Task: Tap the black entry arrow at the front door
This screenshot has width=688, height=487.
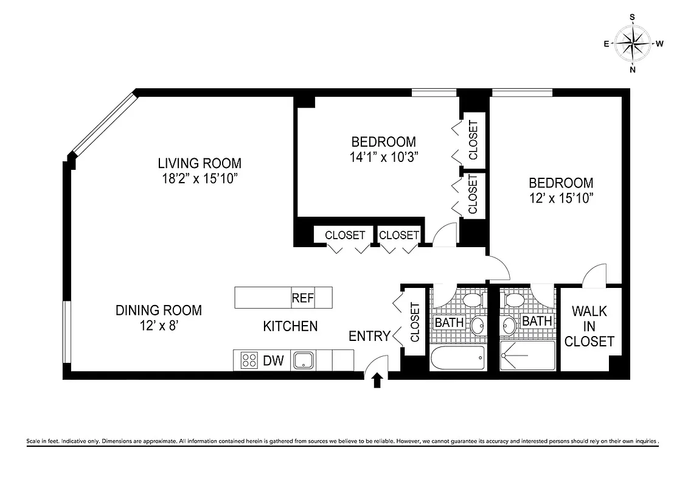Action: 377,380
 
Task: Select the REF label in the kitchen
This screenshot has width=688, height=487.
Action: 302,298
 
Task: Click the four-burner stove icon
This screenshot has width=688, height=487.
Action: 249,360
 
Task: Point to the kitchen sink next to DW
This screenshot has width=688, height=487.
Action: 303,360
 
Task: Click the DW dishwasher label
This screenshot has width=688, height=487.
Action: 274,361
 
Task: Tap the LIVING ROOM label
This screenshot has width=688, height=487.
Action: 200,163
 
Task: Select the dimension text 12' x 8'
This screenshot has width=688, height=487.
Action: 159,326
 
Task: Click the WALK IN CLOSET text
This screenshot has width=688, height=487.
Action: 589,326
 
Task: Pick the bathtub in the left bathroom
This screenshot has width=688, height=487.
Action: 457,358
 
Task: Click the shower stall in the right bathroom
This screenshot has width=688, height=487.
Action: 527,356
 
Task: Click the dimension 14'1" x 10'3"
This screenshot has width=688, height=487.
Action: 383,156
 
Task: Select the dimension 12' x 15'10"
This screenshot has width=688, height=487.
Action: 561,198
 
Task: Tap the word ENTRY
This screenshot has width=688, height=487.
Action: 369,336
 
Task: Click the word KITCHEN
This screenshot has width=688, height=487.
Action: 290,326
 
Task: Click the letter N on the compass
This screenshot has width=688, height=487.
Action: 633,69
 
